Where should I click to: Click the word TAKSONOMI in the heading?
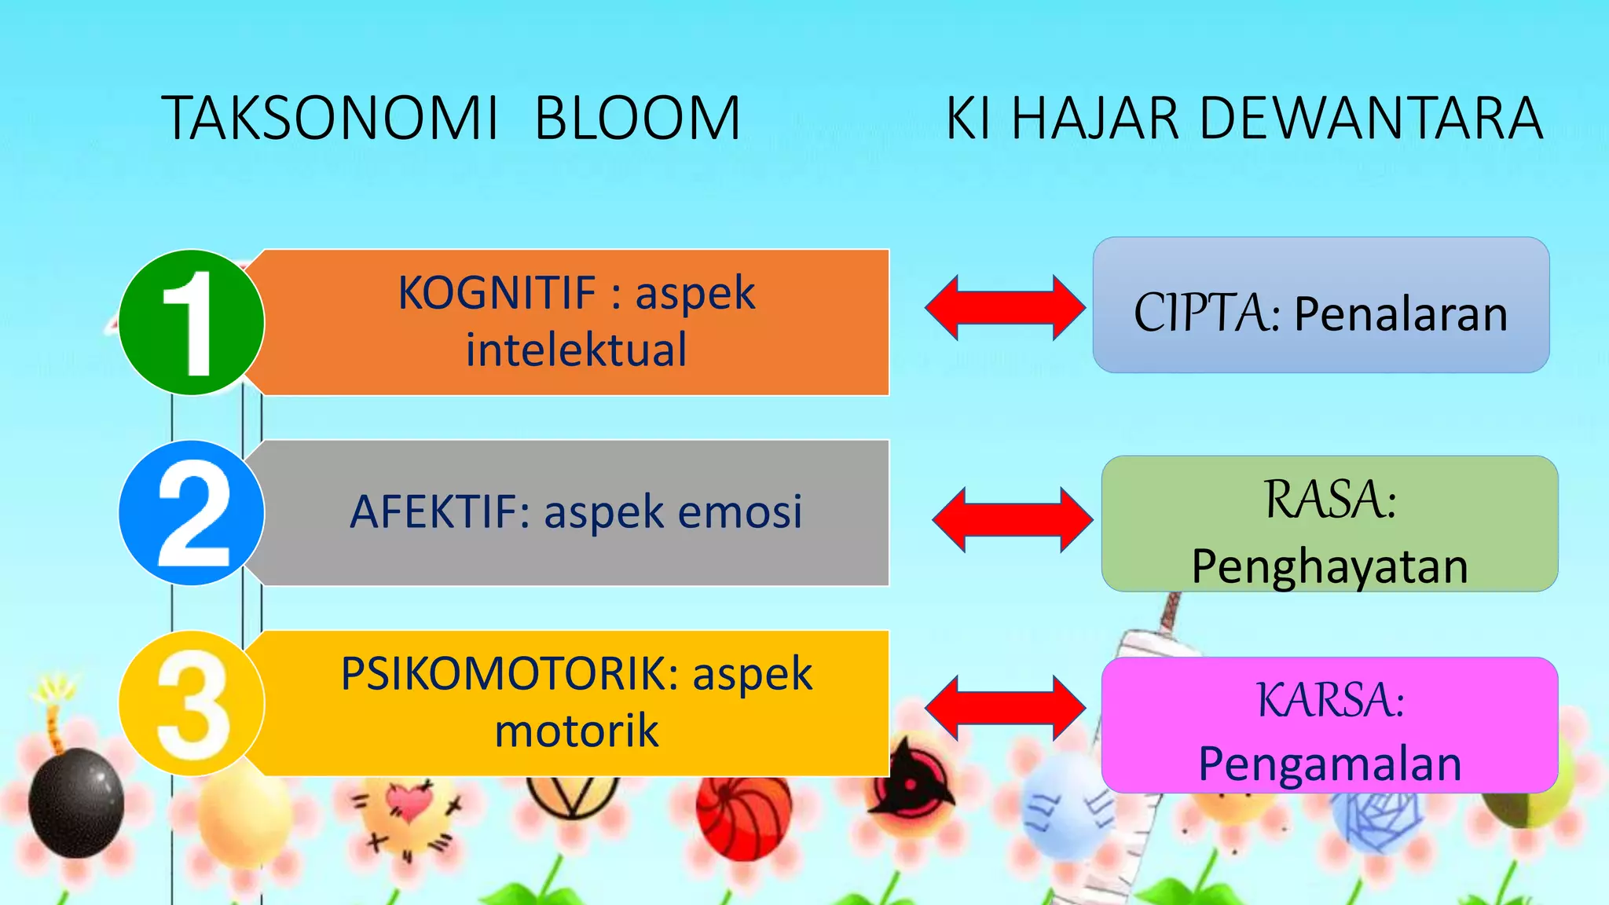tap(330, 119)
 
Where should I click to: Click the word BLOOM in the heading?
tap(637, 119)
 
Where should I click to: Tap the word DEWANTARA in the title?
tap(1369, 119)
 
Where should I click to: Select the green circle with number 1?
tap(191, 322)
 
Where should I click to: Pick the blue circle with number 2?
tap(191, 512)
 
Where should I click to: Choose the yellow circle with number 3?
tap(191, 703)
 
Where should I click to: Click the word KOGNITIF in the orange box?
tap(497, 293)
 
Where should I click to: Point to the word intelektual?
tap(576, 350)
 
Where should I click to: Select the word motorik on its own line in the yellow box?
tap(576, 731)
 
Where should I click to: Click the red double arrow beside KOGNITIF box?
tap(1005, 308)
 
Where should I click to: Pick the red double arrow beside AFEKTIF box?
tap(1012, 519)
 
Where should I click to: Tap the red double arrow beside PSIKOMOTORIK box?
tap(1005, 708)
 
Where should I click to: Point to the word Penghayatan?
tap(1329, 566)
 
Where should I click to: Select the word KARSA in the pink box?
tap(1328, 700)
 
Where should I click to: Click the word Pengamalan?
tap(1329, 764)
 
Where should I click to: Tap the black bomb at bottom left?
tap(76, 801)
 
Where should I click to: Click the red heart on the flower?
tap(409, 802)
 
